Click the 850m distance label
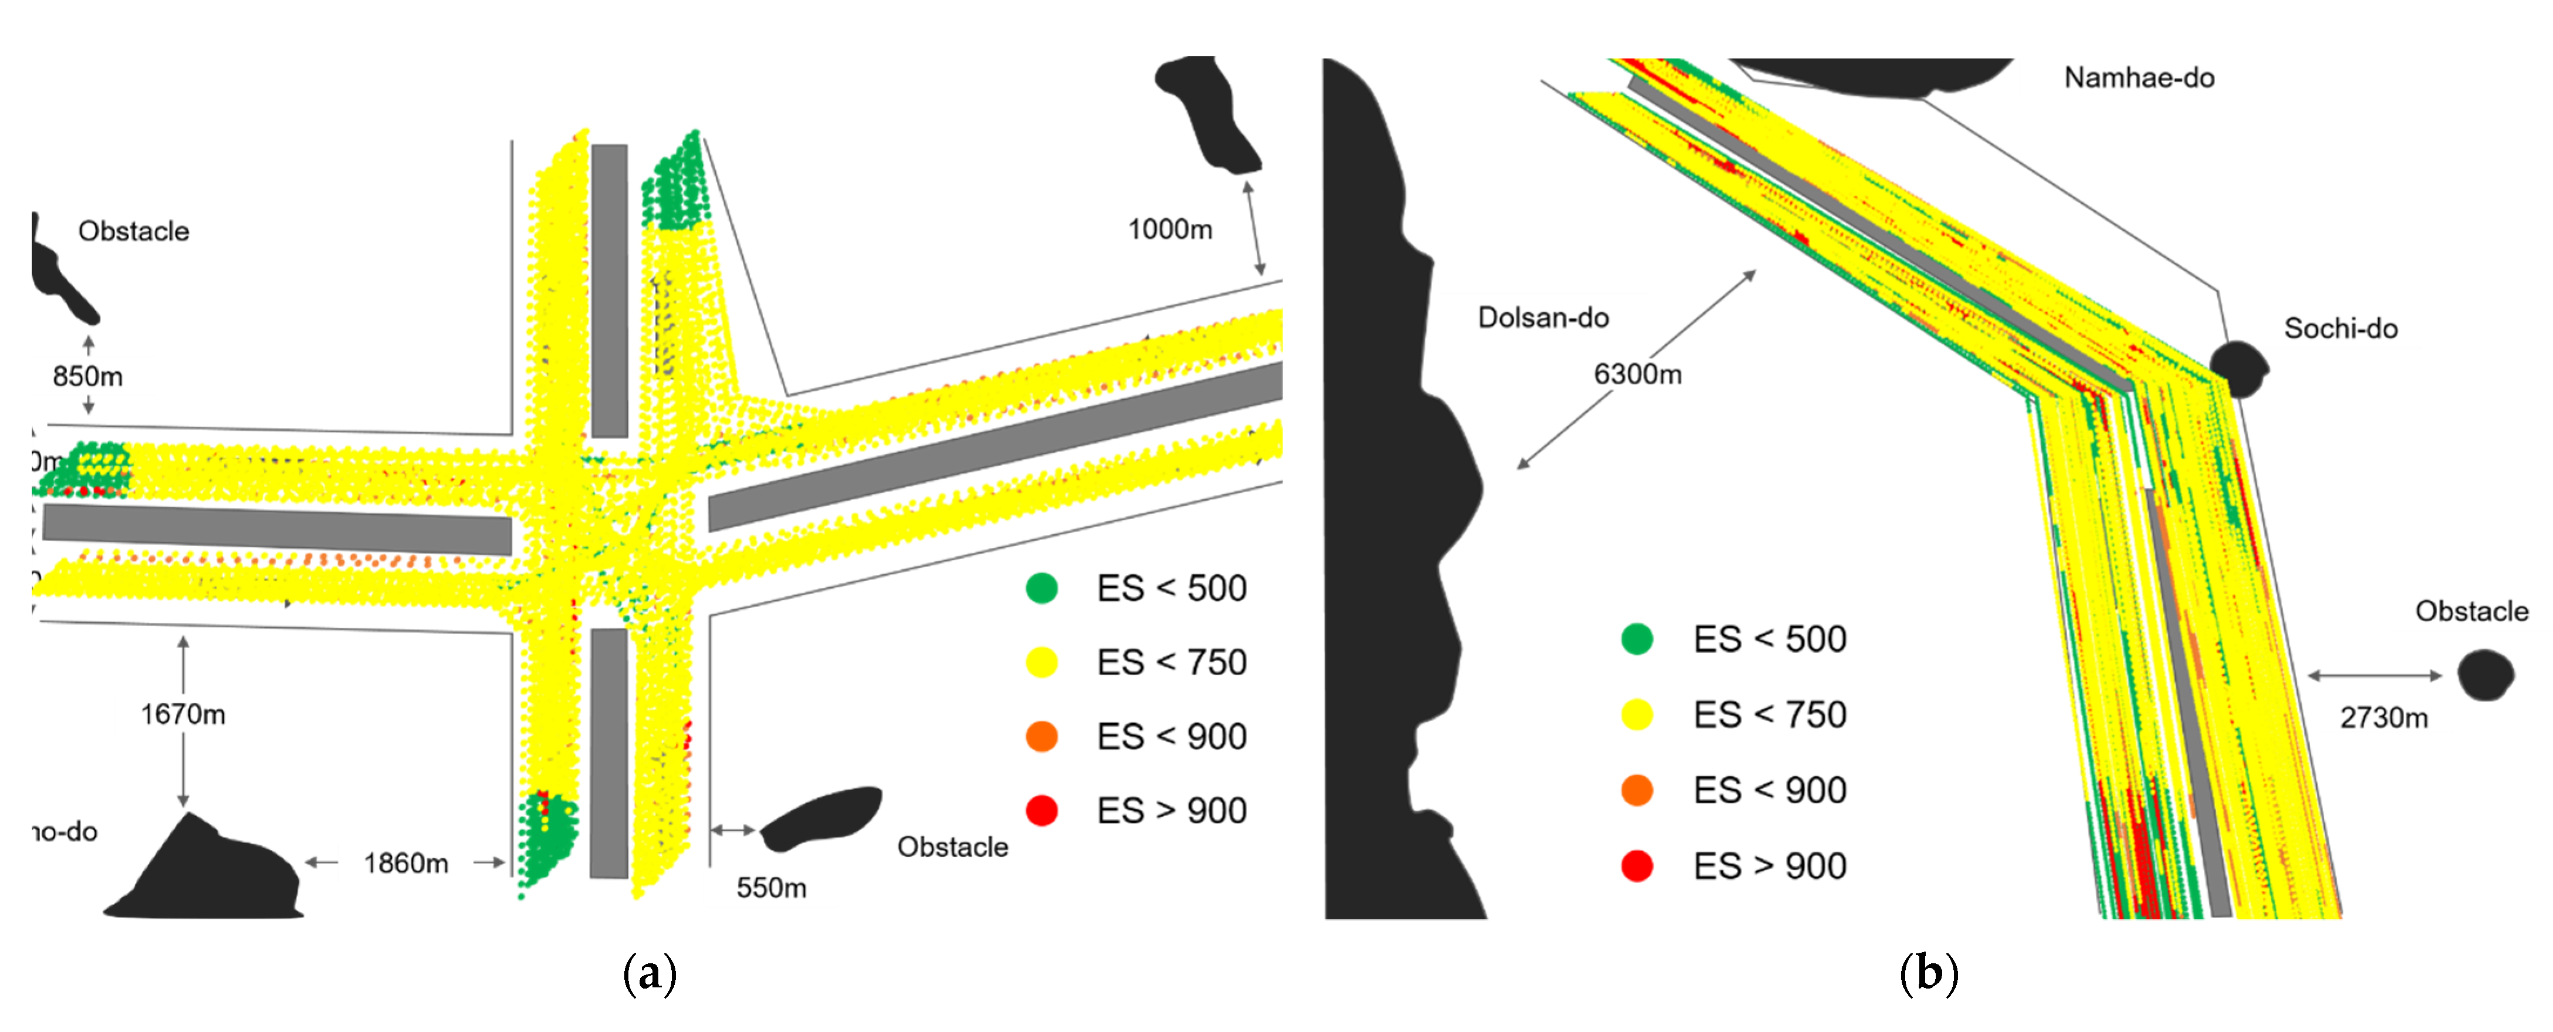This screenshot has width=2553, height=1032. coord(87,377)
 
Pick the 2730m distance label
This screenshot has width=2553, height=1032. coord(2383,718)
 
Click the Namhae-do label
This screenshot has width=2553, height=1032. coord(2139,77)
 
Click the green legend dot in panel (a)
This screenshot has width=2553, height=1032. coord(1042,588)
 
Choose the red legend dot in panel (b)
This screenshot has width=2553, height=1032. coord(1637,865)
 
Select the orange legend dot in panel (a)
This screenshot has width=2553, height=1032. coord(1042,737)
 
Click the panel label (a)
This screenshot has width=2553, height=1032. coord(650,973)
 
